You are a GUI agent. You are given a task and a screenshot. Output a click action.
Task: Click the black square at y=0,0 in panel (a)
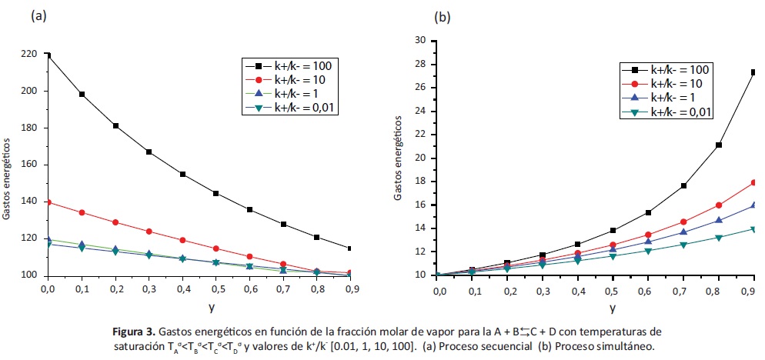pos(48,55)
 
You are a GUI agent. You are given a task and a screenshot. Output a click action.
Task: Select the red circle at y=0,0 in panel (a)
pos(48,202)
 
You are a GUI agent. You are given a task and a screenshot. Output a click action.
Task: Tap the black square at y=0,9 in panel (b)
pos(753,72)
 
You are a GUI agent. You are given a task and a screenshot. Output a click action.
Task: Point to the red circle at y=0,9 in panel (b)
pos(753,182)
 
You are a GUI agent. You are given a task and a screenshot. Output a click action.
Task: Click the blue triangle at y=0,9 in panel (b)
pos(753,205)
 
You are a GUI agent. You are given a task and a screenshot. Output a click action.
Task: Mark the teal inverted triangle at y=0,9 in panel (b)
pos(753,229)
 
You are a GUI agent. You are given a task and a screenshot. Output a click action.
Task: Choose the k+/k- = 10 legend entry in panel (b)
pos(665,83)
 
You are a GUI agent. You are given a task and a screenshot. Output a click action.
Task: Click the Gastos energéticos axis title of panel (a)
pos(7,179)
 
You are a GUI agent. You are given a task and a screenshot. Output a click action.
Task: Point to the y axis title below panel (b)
pos(613,308)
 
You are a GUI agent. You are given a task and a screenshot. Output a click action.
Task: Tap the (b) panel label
pos(443,15)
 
